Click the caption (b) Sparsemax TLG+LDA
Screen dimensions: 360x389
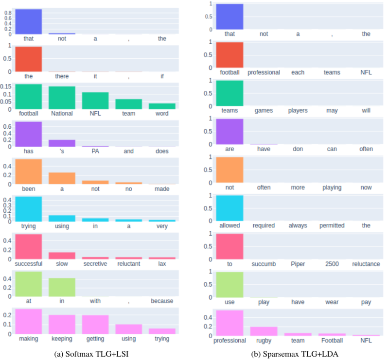(x=290, y=353)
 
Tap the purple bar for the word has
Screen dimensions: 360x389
(x=29, y=134)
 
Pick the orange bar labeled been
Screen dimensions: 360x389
(x=29, y=171)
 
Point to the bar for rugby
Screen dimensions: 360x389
(x=263, y=331)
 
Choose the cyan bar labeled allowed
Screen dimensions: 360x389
(x=230, y=208)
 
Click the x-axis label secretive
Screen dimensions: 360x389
(x=95, y=264)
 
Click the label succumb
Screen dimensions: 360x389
(x=263, y=264)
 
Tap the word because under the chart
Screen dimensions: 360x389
(x=162, y=301)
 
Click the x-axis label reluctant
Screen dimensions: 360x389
(x=128, y=264)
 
